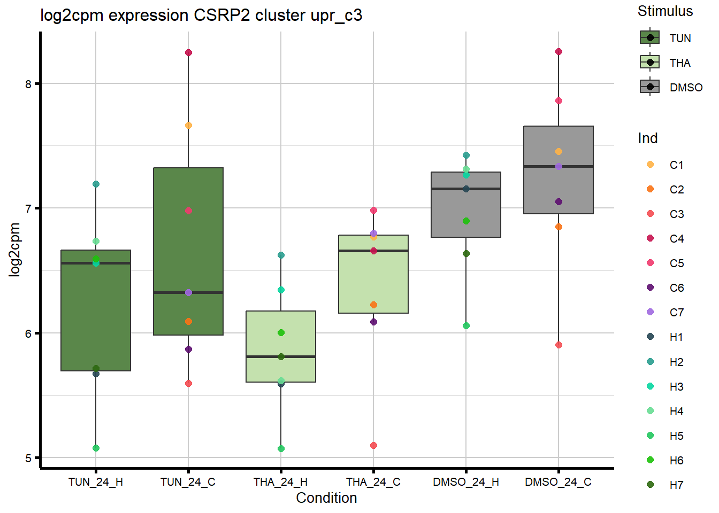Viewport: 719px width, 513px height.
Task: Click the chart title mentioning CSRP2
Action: pos(201,15)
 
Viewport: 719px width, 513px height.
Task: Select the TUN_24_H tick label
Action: pos(96,482)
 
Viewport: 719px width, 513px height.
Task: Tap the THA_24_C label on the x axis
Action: pos(373,482)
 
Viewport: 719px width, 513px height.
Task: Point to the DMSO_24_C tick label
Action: pos(558,482)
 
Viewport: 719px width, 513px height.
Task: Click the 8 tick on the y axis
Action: pos(28,84)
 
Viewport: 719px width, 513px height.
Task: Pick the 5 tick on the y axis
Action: pos(28,458)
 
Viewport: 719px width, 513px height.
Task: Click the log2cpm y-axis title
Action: pos(14,250)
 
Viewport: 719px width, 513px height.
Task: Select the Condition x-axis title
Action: pos(326,498)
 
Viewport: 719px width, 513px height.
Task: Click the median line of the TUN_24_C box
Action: pos(188,292)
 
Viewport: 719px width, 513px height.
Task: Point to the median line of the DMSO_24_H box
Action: pos(466,189)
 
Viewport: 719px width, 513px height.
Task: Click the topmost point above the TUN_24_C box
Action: pos(188,52)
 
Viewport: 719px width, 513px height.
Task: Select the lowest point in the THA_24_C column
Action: pos(373,445)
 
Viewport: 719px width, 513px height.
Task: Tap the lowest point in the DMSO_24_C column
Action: pos(559,345)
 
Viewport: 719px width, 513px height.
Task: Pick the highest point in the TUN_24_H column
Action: pos(96,184)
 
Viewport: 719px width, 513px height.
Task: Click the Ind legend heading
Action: pos(647,138)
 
